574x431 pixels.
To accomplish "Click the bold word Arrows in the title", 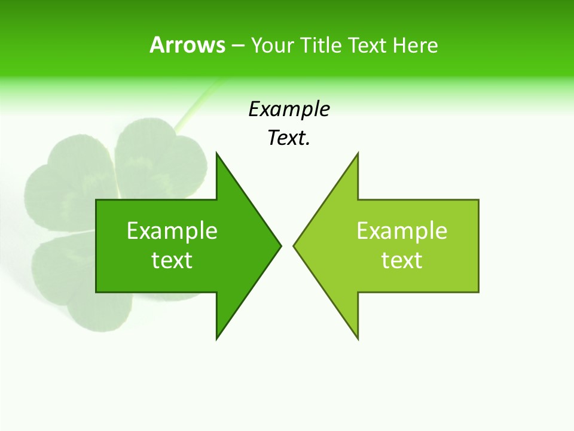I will tap(187, 45).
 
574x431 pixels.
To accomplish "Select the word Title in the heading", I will tap(321, 45).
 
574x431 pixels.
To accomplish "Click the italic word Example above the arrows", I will tap(289, 110).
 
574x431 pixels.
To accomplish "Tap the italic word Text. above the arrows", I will tap(289, 138).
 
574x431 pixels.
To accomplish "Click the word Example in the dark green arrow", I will tap(172, 230).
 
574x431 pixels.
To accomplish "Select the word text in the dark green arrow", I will tap(172, 260).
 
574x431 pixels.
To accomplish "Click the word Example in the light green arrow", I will tap(402, 230).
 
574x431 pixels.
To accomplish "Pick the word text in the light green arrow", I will tap(402, 260).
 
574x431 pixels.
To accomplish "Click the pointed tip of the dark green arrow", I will tap(280, 245).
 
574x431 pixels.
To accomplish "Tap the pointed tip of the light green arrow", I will tap(294, 245).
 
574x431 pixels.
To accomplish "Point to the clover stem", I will tap(194, 108).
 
